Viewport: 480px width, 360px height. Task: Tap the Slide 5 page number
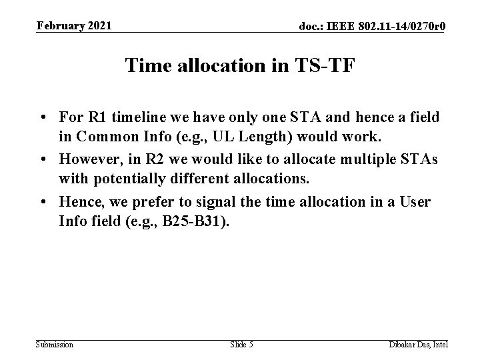point(241,344)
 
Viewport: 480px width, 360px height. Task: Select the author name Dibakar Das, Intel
point(418,344)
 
